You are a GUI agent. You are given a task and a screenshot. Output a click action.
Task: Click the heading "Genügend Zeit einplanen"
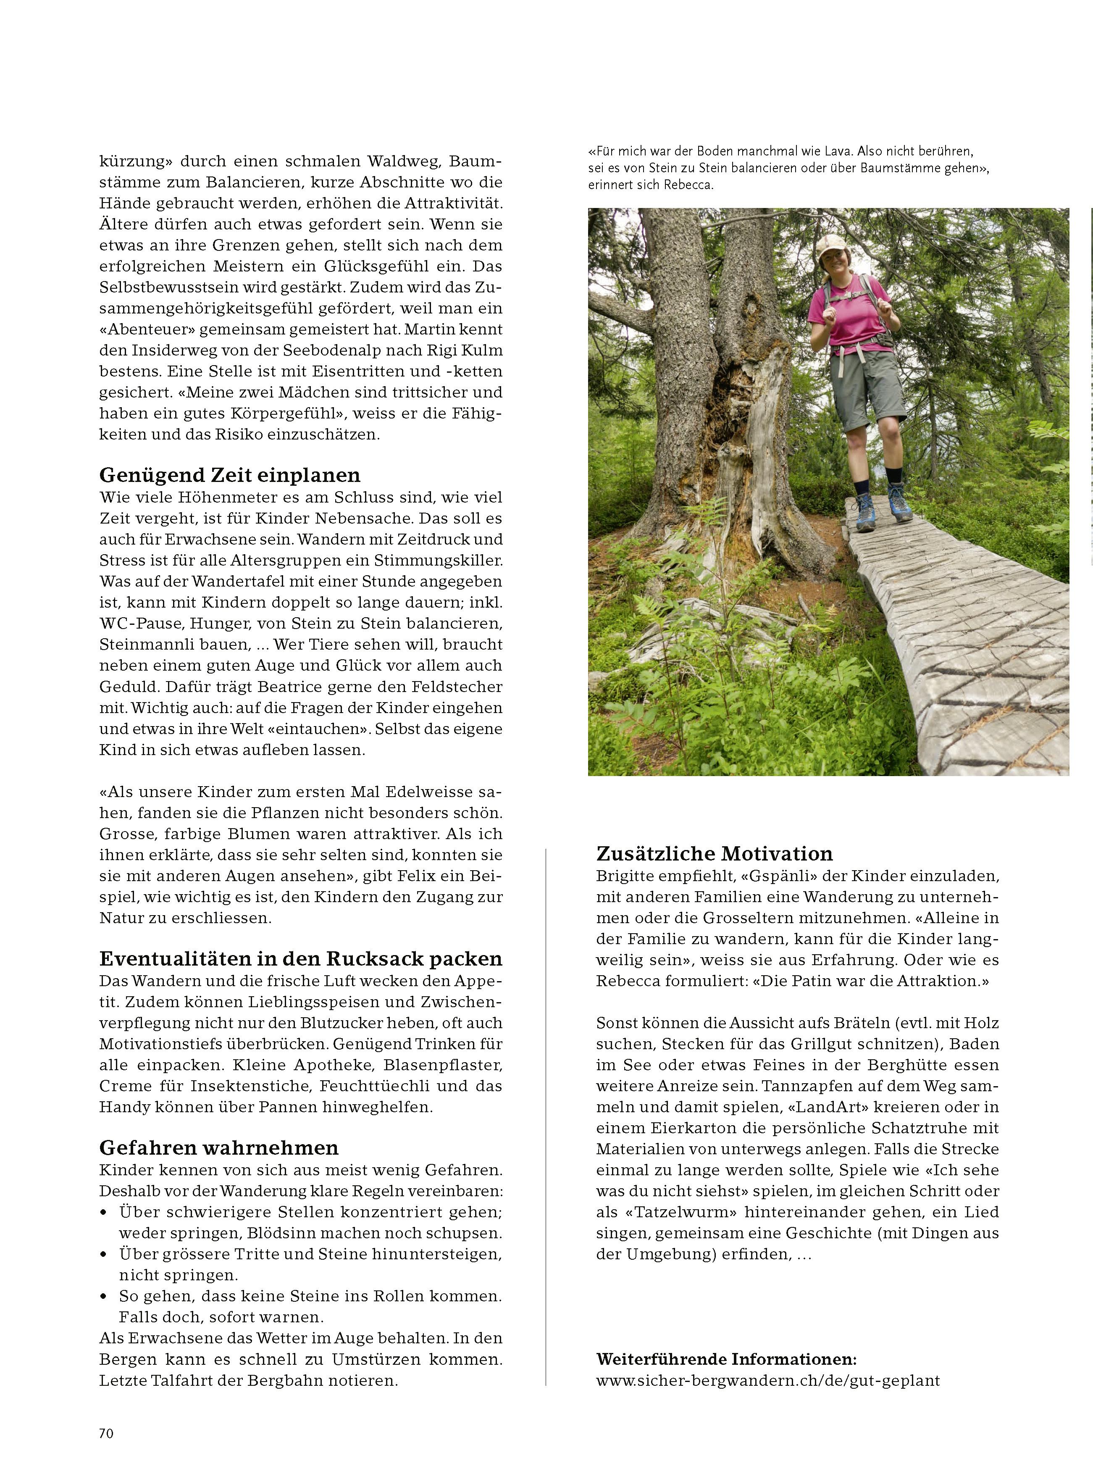coord(230,475)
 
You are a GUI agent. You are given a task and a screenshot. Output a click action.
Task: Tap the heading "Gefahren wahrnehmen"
coord(218,1148)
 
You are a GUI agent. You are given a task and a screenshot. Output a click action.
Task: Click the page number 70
coord(106,1433)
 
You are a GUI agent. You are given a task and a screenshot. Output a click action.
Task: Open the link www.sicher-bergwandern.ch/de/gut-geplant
coord(767,1380)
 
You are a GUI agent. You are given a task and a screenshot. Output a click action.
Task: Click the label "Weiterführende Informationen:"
coord(726,1359)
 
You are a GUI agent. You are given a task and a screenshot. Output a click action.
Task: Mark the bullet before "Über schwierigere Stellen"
coord(103,1213)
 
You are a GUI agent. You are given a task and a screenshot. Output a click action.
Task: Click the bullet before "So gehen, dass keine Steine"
coord(103,1297)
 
